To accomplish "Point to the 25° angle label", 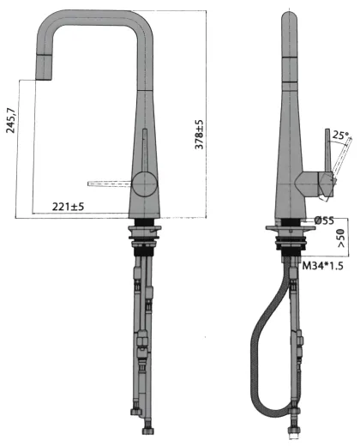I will click(x=340, y=135).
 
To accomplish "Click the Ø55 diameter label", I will click(x=323, y=220).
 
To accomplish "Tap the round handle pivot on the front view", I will click(x=143, y=182).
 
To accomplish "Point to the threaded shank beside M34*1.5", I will click(x=291, y=244).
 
